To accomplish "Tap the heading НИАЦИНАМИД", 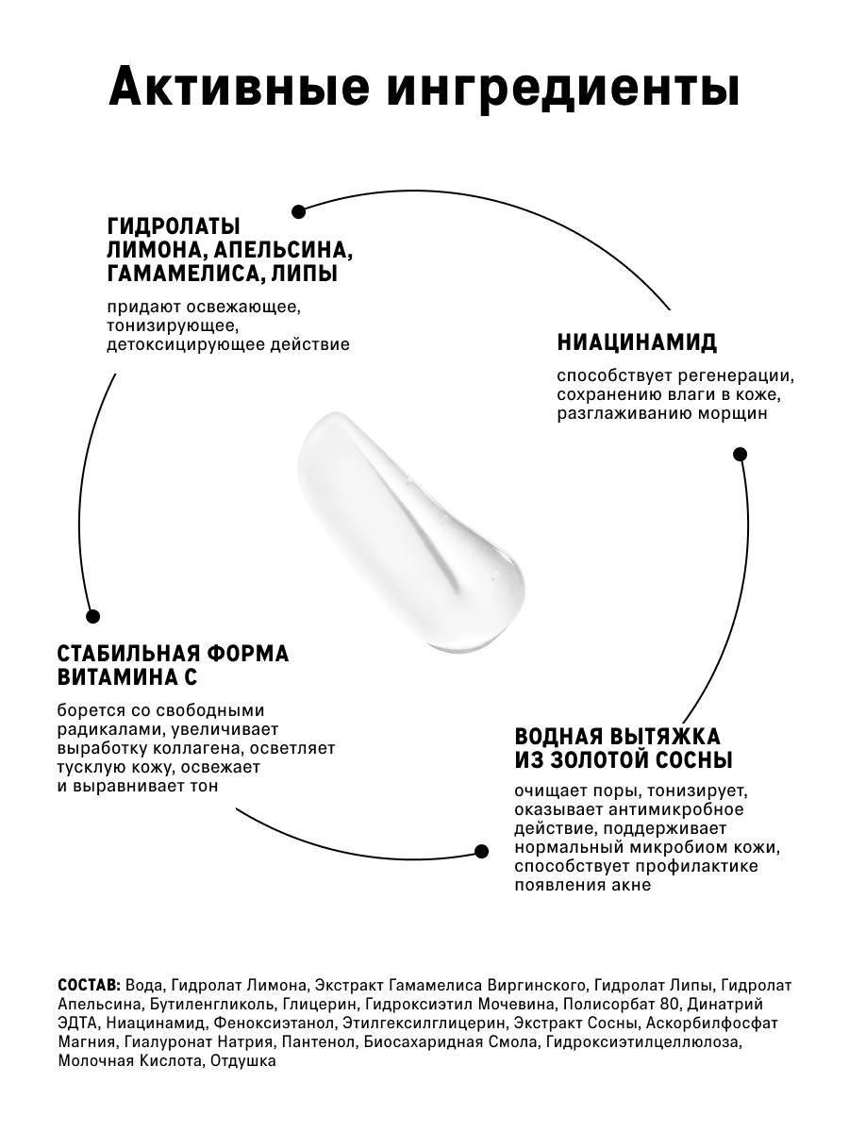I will [x=637, y=341].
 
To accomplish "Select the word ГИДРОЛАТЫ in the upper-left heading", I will [x=174, y=226].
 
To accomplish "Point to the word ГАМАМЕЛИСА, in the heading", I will [x=183, y=274].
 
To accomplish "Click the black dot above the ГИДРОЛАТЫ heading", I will [x=298, y=211].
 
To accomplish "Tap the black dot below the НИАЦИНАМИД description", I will [x=741, y=454].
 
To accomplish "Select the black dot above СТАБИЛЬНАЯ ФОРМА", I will [x=92, y=616].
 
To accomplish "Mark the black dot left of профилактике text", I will [x=481, y=851].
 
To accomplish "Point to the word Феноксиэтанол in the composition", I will [x=275, y=1024].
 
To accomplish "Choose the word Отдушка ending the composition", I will [x=243, y=1061].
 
